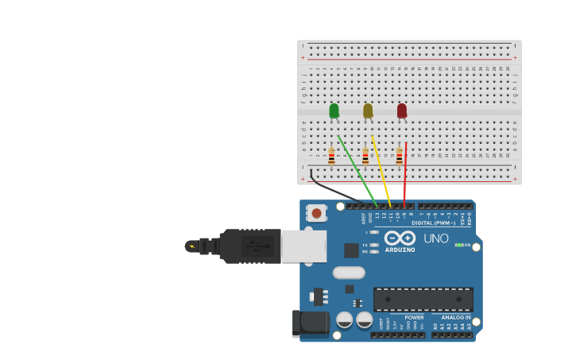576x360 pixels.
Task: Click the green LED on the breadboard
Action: [x=334, y=110]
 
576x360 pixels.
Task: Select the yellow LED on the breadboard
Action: [x=368, y=110]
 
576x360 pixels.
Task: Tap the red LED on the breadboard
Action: [x=402, y=110]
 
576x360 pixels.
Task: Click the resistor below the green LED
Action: [x=331, y=156]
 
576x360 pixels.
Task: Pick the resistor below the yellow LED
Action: [x=365, y=156]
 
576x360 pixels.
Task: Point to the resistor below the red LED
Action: [x=400, y=156]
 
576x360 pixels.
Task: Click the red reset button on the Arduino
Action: [x=316, y=213]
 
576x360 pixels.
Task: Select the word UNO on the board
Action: [x=436, y=238]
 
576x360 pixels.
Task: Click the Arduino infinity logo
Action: [x=400, y=238]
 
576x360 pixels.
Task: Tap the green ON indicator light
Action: [x=458, y=245]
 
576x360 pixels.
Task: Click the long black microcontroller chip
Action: [x=423, y=299]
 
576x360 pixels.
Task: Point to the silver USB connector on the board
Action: [x=304, y=246]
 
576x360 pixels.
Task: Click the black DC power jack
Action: [x=311, y=323]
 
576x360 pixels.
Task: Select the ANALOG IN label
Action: [x=456, y=317]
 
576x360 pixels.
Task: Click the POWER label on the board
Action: [x=414, y=317]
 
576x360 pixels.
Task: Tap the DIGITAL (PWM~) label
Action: [x=432, y=223]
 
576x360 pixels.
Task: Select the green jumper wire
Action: [x=357, y=170]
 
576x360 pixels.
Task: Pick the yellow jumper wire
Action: [x=381, y=170]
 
